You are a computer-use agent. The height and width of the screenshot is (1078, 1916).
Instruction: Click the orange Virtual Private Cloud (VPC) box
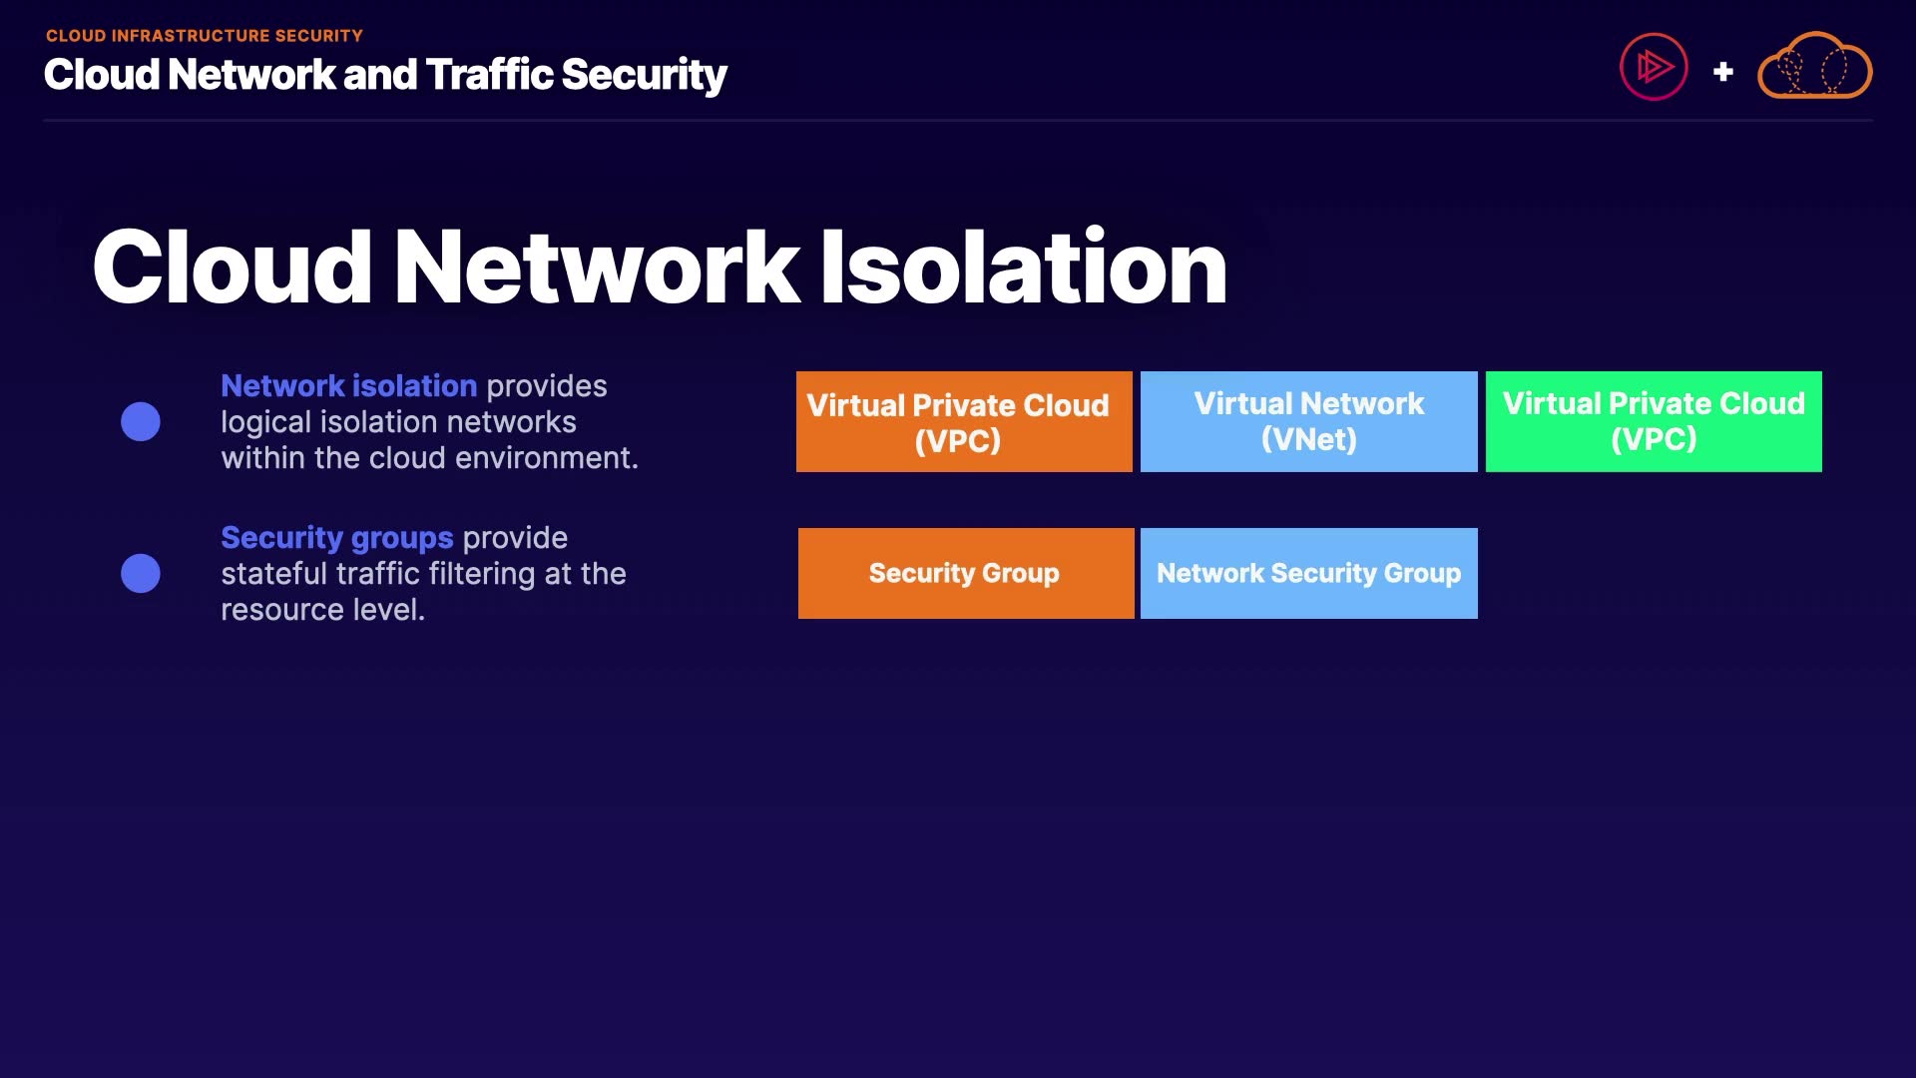[964, 421]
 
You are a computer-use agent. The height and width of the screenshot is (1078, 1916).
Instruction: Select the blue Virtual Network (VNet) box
[1308, 421]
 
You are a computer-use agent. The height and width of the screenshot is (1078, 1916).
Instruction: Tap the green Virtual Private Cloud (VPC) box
[1654, 421]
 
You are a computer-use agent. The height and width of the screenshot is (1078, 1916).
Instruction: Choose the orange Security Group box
[965, 573]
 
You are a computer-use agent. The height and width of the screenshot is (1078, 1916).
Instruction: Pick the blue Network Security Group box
[1308, 573]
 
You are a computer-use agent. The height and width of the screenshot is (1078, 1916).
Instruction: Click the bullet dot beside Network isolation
[141, 421]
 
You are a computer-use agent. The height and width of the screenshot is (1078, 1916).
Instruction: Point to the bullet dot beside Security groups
[141, 573]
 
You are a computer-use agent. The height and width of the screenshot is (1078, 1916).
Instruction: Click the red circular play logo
[1654, 67]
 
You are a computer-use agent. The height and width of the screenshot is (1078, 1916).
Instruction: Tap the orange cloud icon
[1814, 67]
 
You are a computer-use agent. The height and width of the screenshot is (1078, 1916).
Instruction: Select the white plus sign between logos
[1722, 72]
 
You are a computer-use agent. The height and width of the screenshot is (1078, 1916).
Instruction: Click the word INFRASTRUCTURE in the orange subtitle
[191, 36]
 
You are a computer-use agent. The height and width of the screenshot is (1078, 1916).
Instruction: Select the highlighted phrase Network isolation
[348, 386]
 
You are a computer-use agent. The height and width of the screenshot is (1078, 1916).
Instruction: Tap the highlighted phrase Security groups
[336, 538]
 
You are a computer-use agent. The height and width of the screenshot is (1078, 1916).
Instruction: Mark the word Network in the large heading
[597, 267]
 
